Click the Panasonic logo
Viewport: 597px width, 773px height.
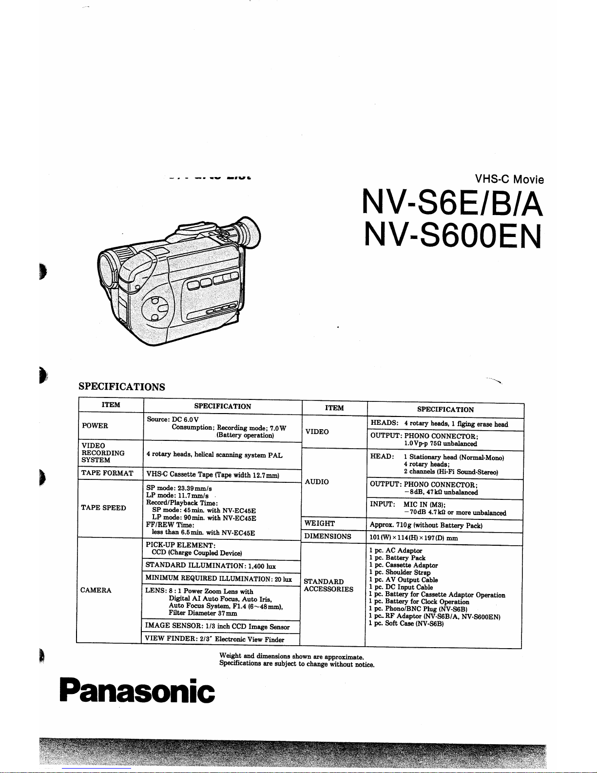click(136, 691)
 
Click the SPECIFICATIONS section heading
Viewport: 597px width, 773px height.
click(122, 387)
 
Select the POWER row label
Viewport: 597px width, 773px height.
click(95, 426)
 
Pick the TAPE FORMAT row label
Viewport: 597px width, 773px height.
click(107, 473)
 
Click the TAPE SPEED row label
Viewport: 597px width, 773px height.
click(103, 508)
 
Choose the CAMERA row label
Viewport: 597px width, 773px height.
click(96, 590)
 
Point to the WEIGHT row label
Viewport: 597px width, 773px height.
click(320, 523)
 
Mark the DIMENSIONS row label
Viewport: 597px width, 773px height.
click(327, 536)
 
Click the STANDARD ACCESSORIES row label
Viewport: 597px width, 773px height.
click(328, 585)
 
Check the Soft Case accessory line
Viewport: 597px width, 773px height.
click(406, 624)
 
